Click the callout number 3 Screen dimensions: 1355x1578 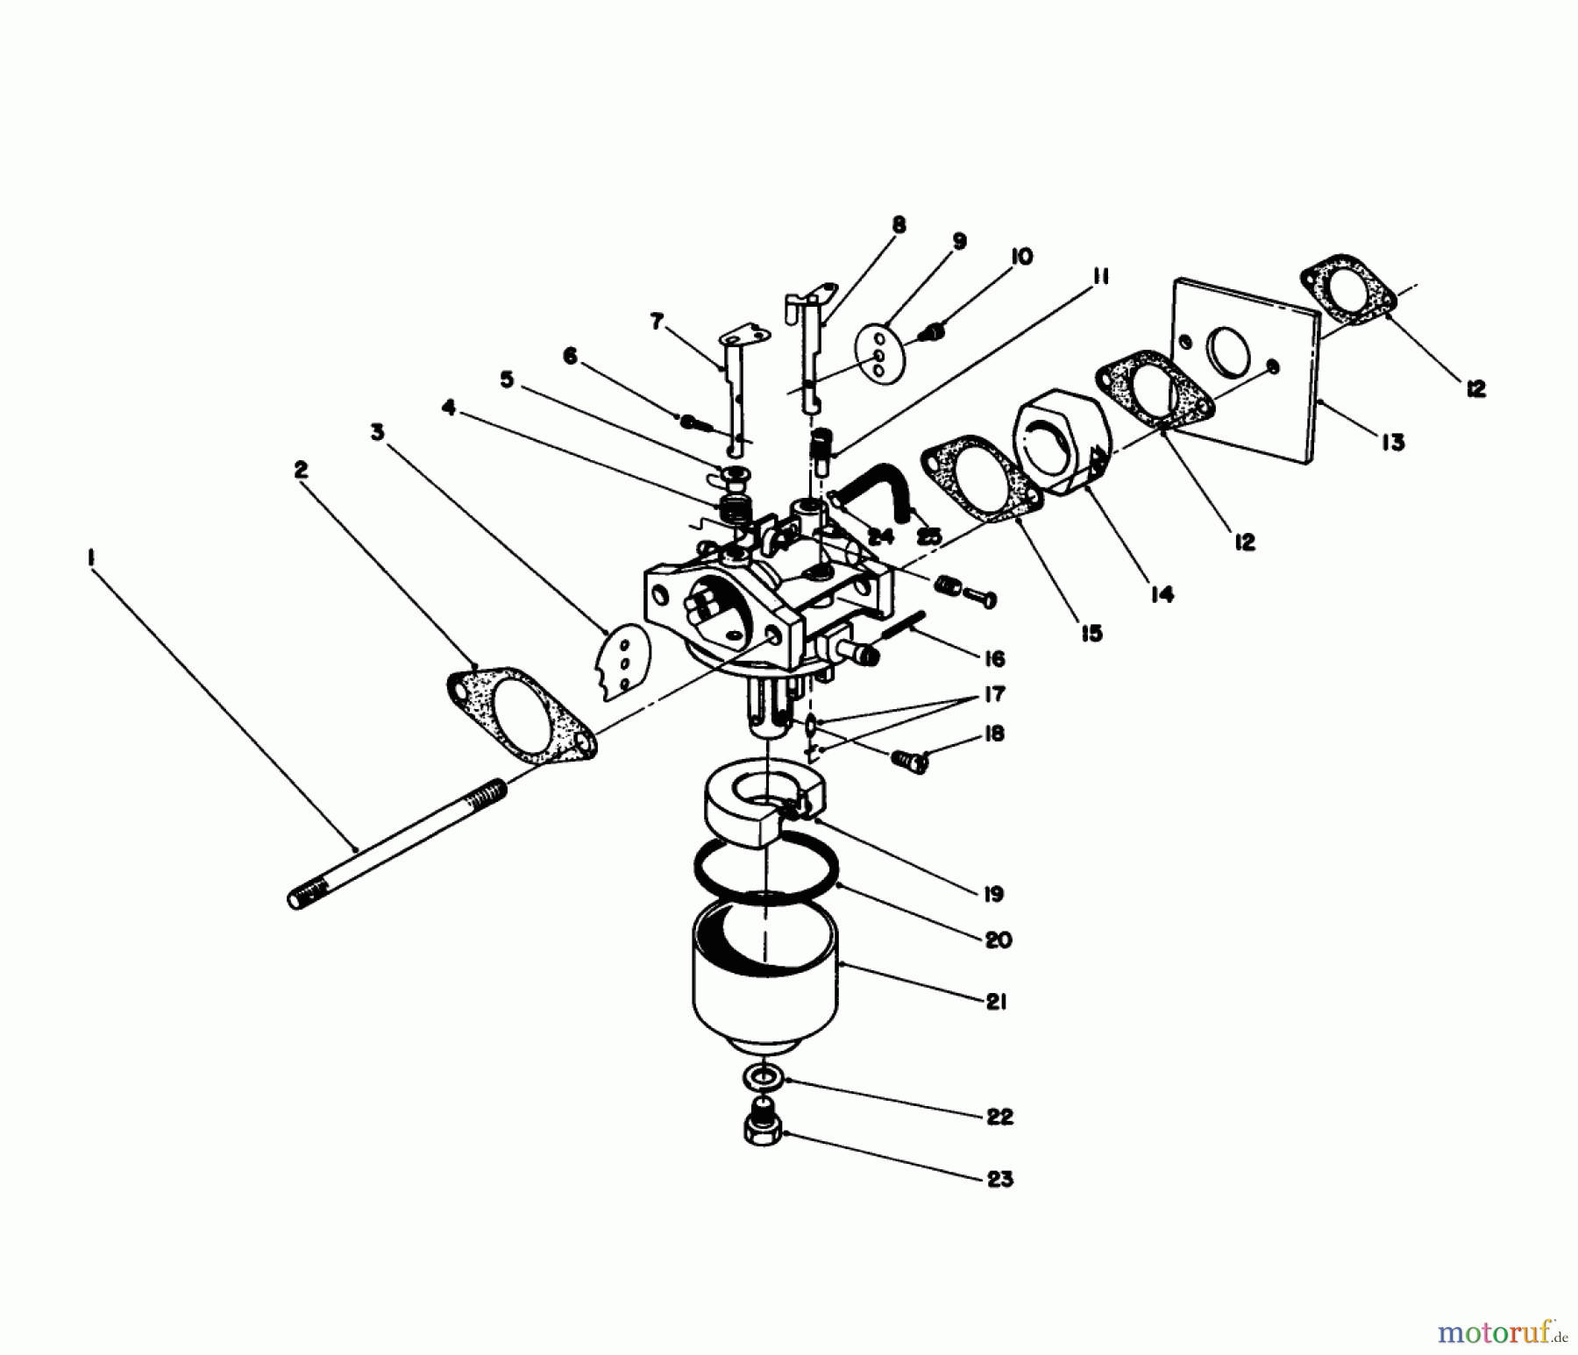[x=378, y=433]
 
